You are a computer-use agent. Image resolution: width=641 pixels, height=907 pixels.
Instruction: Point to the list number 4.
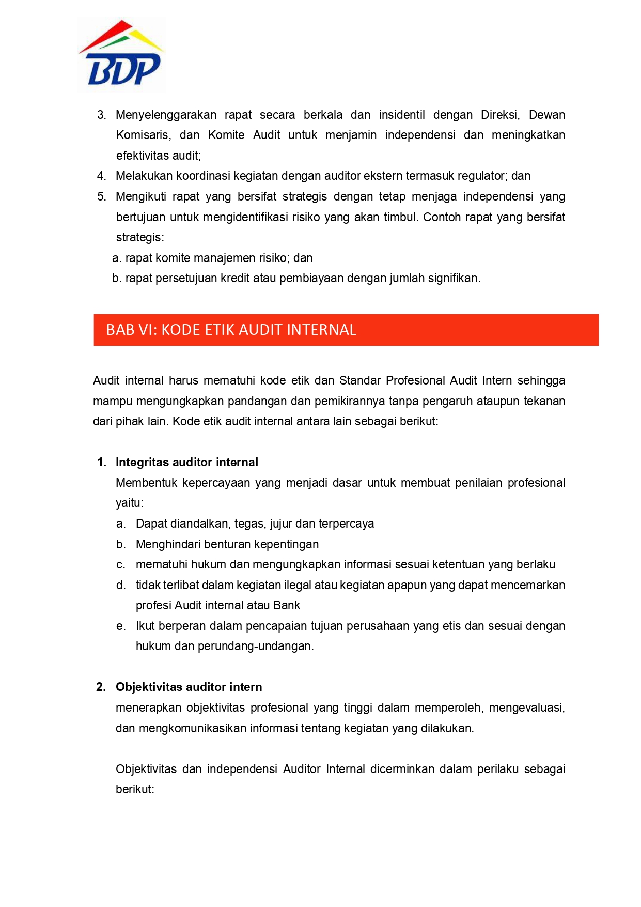tap(101, 176)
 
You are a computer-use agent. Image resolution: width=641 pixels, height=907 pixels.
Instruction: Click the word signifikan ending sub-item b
tap(454, 278)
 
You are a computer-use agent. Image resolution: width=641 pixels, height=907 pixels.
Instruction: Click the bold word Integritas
tap(143, 462)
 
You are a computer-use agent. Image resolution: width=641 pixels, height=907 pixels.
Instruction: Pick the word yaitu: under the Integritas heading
tap(130, 503)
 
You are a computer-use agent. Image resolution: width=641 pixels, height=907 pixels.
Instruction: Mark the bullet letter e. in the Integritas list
tap(121, 626)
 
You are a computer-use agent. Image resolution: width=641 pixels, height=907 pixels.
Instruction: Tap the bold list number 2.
tap(101, 687)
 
